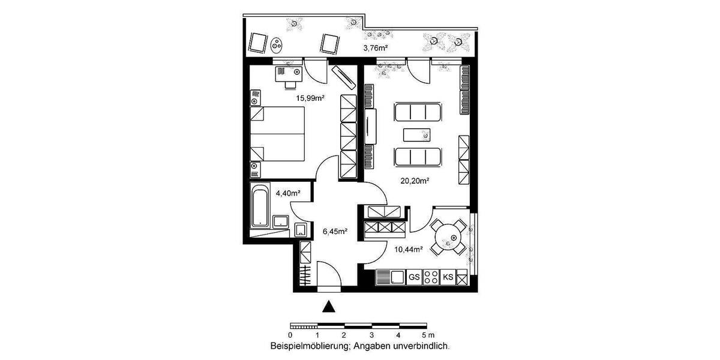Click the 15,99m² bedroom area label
[309, 98]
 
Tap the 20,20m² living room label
[418, 179]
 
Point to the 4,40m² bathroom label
[288, 193]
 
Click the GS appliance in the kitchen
[414, 277]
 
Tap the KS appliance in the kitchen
[448, 277]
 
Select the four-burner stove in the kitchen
[431, 277]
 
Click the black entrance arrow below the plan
[328, 307]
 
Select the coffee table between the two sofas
[418, 134]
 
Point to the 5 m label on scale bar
[427, 335]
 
